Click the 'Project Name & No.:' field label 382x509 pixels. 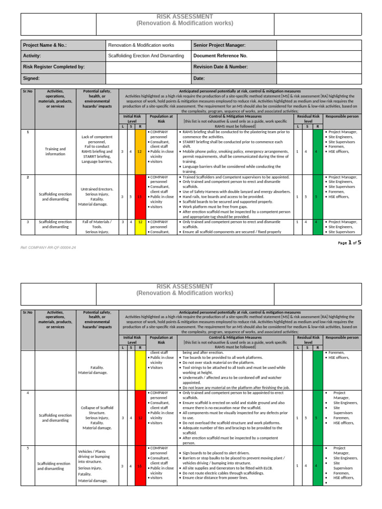coord(45,45)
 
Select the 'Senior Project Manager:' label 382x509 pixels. coord(219,45)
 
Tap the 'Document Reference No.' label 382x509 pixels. coord(220,56)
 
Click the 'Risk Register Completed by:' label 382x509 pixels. coord(54,67)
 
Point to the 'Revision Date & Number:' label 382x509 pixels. coord(220,67)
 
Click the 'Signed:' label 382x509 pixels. coord(31,78)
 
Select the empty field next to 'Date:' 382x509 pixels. coord(318,78)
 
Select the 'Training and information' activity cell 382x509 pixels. coord(55,151)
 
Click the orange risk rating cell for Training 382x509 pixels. coord(140,151)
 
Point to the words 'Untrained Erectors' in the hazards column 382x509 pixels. coord(97,189)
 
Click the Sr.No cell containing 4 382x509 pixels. coord(28,393)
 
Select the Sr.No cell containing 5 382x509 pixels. coord(28,448)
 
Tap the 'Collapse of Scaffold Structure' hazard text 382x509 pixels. coord(97,410)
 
